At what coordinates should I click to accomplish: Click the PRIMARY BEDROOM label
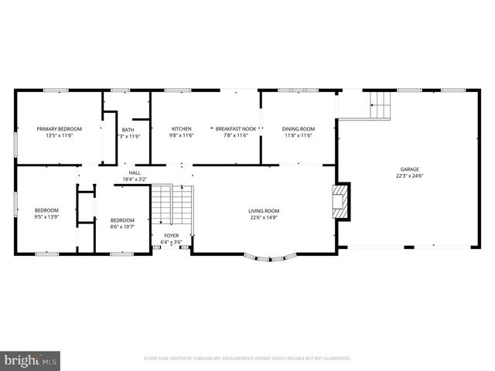coord(60,128)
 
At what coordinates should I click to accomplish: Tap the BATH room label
coord(128,128)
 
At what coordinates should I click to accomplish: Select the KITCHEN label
coord(181,128)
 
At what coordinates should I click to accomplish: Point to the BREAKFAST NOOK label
coord(235,128)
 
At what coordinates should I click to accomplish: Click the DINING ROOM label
coord(298,128)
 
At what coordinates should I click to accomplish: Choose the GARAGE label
coord(409,168)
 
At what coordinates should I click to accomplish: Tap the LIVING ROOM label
coord(264,210)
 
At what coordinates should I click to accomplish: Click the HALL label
coord(135,173)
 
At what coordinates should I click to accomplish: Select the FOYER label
coord(170,236)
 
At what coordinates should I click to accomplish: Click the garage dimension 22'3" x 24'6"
coord(409,175)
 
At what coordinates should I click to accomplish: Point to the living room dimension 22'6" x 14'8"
coord(264,217)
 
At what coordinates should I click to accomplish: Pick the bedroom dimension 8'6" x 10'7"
coord(122,226)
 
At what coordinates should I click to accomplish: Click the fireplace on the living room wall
coord(340,201)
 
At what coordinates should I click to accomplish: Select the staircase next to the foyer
coord(171,204)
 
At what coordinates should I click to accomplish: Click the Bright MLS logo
coord(31,360)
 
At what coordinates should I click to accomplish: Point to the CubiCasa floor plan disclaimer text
coord(247,359)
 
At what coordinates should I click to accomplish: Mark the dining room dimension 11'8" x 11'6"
coord(298,135)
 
